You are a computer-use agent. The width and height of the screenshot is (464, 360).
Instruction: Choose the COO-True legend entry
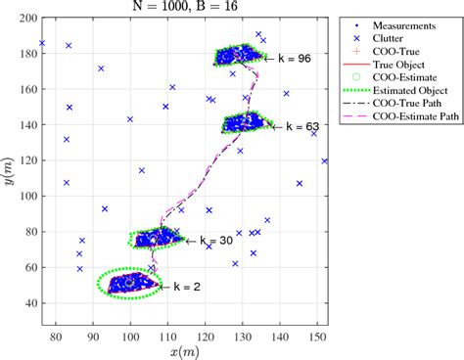click(403, 50)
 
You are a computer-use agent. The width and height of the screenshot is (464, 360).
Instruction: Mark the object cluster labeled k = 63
click(245, 123)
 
